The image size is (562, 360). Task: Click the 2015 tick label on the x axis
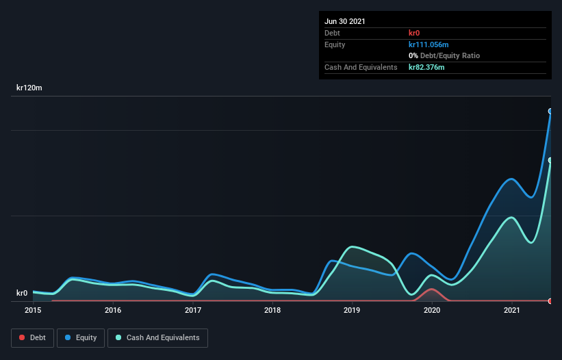click(33, 311)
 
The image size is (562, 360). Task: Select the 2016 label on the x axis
click(113, 311)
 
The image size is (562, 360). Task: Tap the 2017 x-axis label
click(193, 311)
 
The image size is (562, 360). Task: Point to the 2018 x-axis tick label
click(272, 311)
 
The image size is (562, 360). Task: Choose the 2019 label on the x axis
click(353, 311)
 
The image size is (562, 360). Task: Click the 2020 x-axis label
click(432, 311)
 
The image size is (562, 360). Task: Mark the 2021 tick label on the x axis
click(512, 311)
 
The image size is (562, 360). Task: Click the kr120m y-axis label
click(30, 88)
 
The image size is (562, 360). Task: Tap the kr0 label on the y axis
click(23, 293)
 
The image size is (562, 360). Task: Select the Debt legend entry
click(31, 338)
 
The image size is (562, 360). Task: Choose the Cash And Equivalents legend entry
click(157, 338)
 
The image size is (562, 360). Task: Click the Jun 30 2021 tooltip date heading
click(344, 21)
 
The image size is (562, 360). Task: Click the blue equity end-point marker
click(550, 111)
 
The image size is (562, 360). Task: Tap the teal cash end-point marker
click(550, 160)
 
